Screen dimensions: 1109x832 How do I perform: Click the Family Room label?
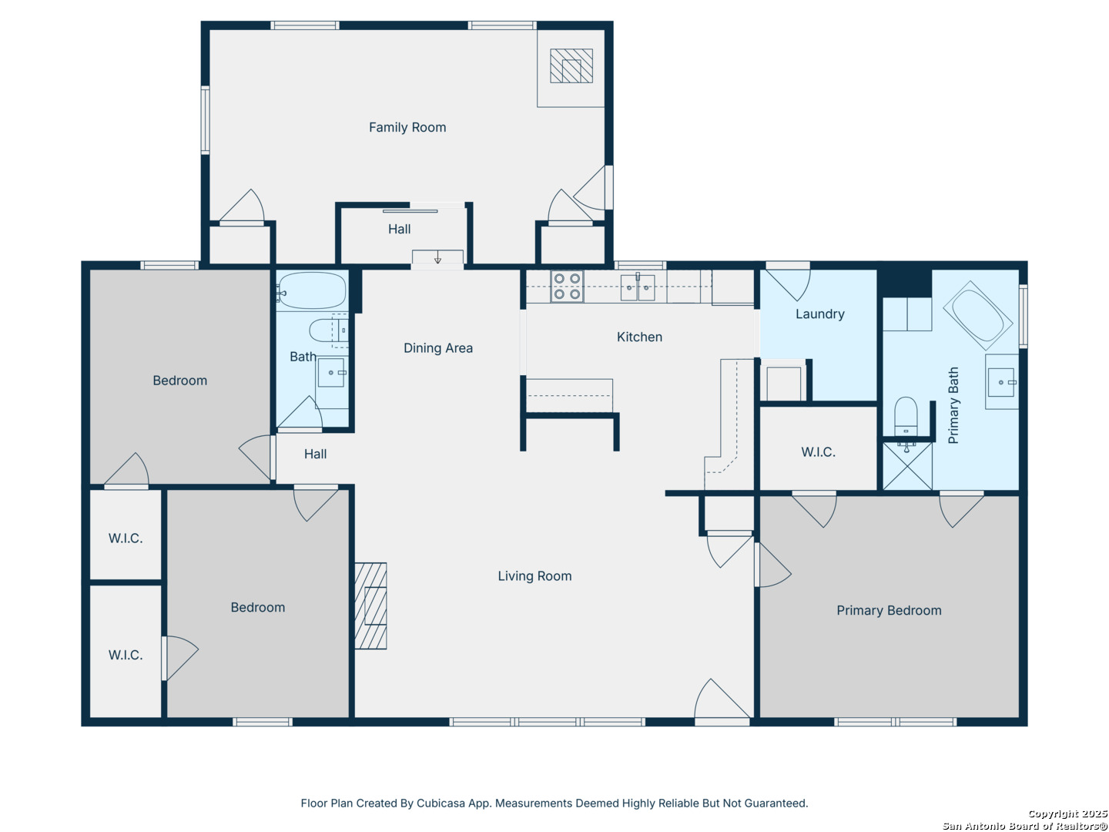407,127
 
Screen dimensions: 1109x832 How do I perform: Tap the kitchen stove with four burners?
566,286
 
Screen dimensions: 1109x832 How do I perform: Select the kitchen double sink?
637,287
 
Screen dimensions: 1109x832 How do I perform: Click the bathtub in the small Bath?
311,290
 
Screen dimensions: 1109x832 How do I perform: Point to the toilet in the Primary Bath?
906,416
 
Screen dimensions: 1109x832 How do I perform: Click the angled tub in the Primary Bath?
977,315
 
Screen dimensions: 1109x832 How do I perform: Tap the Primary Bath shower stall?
907,466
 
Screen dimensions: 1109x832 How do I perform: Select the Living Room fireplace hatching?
370,606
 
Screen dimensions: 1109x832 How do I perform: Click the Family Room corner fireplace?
571,65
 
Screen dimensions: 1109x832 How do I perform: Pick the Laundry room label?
819,314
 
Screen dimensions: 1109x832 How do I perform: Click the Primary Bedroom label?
889,610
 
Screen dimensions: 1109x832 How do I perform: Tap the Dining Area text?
438,348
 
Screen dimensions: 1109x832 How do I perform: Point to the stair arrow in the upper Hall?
437,259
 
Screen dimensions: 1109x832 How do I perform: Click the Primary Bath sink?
1001,382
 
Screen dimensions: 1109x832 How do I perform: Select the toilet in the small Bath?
327,330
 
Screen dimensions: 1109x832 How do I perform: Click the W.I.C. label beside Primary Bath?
818,452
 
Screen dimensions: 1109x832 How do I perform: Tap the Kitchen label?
639,337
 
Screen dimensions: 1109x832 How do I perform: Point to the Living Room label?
534,576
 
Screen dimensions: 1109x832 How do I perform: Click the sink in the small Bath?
331,373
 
